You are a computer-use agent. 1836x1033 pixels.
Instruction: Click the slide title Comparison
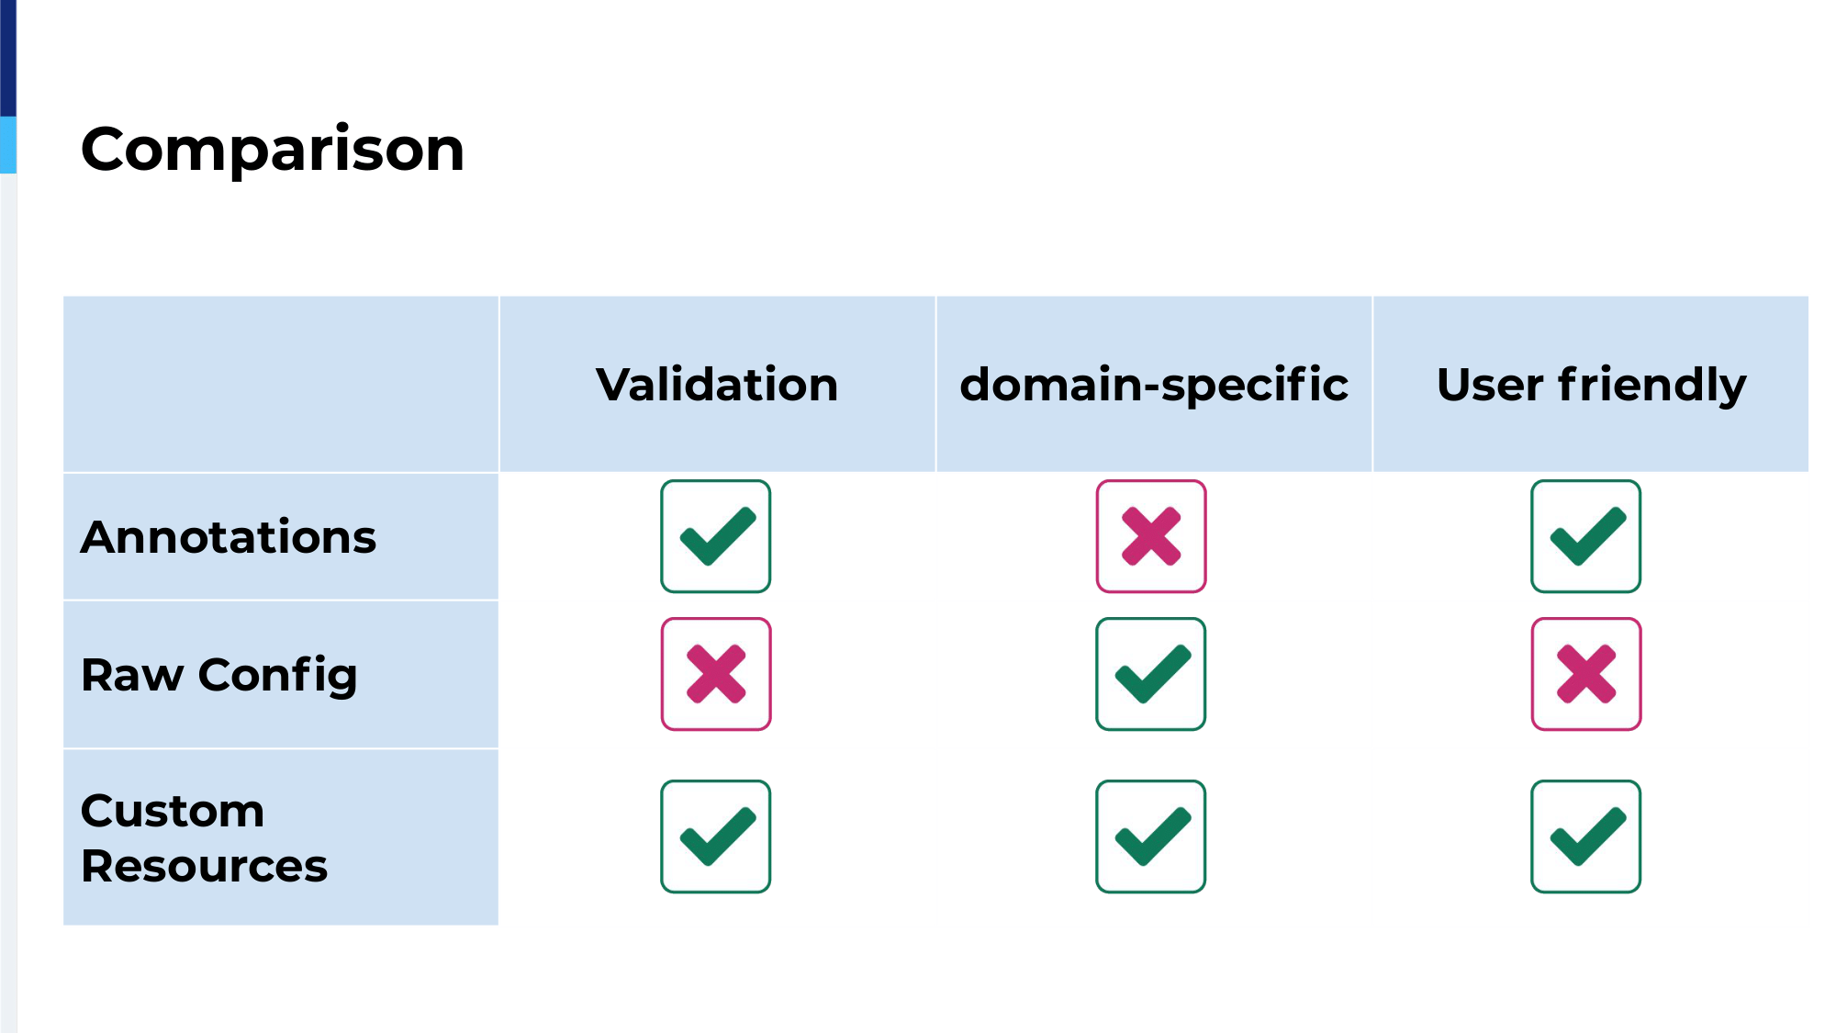click(273, 149)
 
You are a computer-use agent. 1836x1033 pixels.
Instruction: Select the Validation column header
click(717, 384)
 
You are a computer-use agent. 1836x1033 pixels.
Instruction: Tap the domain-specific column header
click(1154, 385)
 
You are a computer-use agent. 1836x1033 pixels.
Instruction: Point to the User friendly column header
click(1591, 385)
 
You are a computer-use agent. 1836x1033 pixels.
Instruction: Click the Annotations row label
click(229, 537)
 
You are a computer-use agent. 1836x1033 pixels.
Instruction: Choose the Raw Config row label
click(219, 676)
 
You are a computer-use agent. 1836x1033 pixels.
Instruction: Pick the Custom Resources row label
click(204, 837)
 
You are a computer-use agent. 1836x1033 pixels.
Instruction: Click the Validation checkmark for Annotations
click(716, 536)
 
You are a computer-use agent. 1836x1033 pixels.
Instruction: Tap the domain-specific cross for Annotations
click(1151, 536)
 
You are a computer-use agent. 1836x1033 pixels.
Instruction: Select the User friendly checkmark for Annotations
click(1586, 536)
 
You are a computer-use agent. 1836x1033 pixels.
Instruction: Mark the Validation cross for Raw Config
click(716, 674)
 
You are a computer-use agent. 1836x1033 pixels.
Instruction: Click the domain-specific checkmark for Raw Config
click(1151, 674)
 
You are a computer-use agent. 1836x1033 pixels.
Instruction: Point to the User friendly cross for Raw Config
click(1586, 674)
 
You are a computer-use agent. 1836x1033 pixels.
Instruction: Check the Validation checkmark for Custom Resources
click(716, 837)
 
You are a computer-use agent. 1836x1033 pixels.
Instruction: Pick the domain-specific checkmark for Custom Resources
click(1151, 837)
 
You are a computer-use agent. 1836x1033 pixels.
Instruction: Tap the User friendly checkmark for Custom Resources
click(1586, 837)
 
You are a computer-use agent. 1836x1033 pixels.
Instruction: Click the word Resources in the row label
click(204, 866)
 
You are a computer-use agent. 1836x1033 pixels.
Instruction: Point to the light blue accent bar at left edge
click(8, 145)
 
